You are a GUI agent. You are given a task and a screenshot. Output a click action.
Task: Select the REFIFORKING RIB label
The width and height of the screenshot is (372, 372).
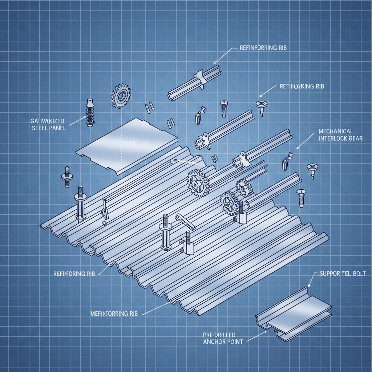pyautogui.click(x=302, y=86)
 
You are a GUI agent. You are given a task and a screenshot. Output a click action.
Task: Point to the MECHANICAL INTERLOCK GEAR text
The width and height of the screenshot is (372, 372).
pyautogui.click(x=340, y=134)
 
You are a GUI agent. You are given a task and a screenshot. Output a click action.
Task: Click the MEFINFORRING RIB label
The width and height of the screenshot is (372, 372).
pyautogui.click(x=114, y=314)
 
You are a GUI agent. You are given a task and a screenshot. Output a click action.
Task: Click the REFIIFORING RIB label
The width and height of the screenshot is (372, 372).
pyautogui.click(x=74, y=274)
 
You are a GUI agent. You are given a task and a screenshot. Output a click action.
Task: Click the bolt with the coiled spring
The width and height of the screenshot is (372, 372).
pyautogui.click(x=89, y=112)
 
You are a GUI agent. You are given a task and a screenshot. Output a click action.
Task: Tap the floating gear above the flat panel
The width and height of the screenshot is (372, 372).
pyautogui.click(x=120, y=96)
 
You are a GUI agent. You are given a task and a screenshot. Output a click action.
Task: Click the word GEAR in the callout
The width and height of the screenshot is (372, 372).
pyautogui.click(x=355, y=138)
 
